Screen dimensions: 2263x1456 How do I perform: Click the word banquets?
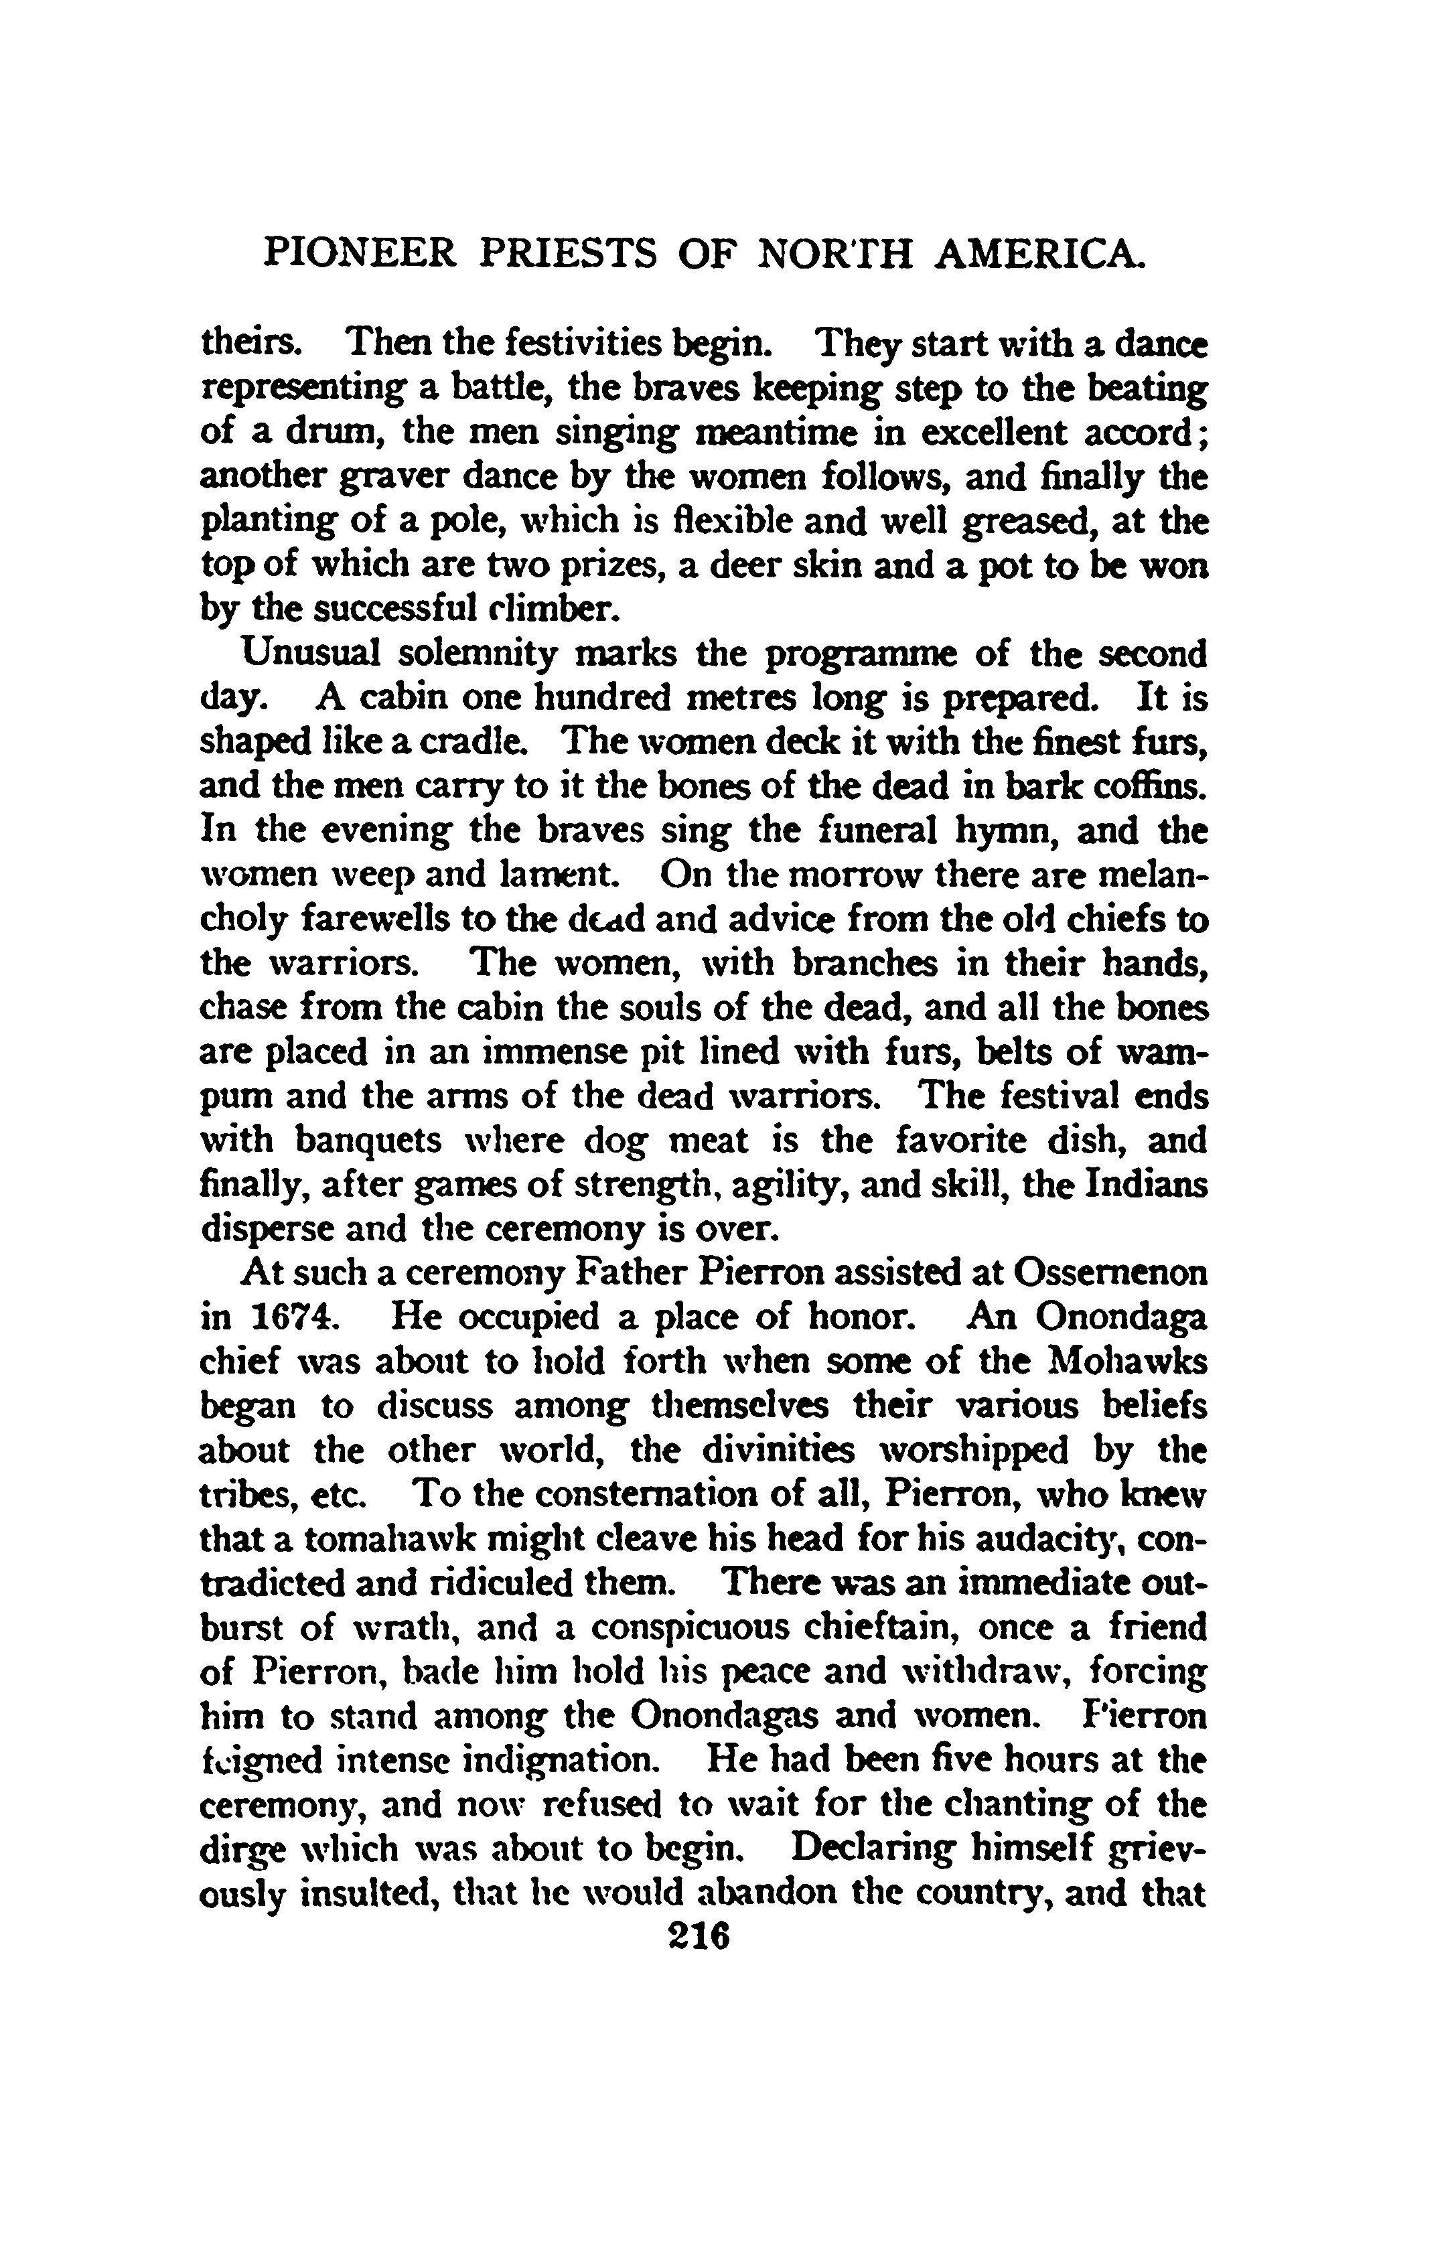point(369,1142)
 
